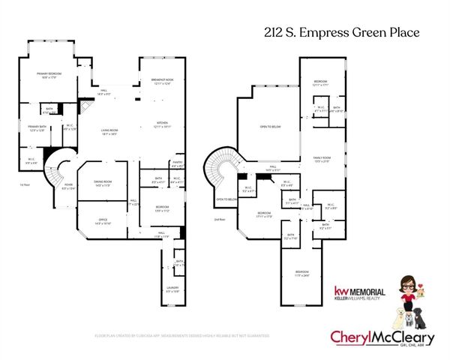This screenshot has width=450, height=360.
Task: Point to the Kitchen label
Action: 162,124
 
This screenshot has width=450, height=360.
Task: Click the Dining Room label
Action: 103,182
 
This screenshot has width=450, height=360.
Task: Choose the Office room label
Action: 103,220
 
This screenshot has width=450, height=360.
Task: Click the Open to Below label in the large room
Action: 269,127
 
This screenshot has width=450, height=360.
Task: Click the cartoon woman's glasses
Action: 408,283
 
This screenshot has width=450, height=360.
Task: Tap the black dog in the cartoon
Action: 423,317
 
